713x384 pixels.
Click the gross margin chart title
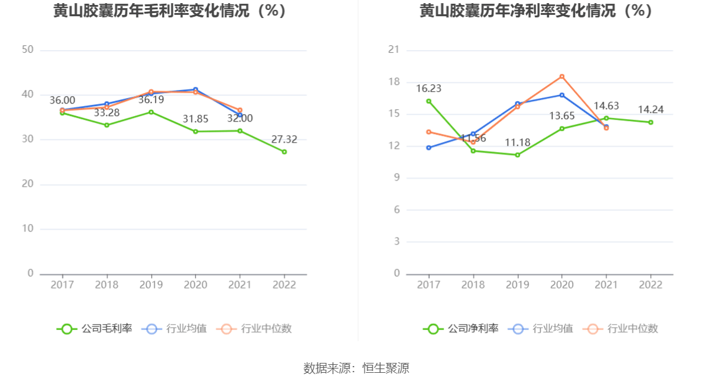coord(170,11)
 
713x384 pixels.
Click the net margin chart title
coord(536,11)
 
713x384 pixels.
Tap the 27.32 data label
coord(284,140)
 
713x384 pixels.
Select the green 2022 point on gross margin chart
coord(284,152)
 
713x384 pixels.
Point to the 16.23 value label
coord(429,89)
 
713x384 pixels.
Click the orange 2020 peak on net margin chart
coord(562,76)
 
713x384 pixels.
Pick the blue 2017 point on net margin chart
coord(429,148)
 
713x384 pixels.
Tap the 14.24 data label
coord(651,110)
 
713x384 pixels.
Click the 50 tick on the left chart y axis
coord(27,50)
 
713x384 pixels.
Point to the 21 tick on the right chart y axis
coord(394,50)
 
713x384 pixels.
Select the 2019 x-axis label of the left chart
coord(151,285)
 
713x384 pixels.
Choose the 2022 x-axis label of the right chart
coord(651,285)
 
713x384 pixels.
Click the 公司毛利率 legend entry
coord(94,329)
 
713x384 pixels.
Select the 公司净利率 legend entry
coord(461,329)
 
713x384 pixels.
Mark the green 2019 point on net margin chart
coord(517,154)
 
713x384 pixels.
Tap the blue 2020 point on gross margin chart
coord(196,89)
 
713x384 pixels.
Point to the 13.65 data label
coord(562,116)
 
